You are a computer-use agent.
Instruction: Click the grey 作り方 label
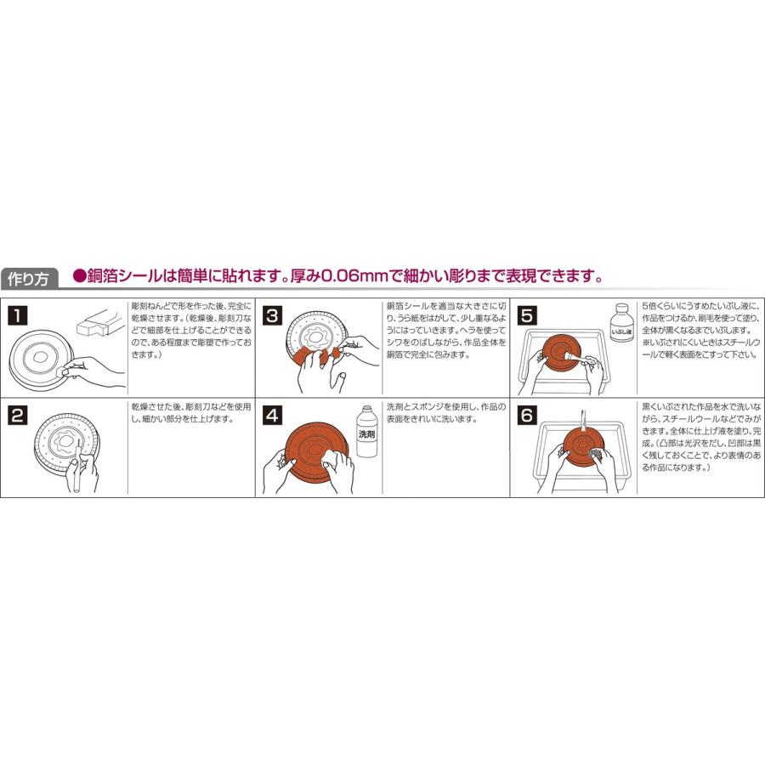click(x=30, y=278)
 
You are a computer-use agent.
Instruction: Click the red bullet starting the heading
click(x=80, y=276)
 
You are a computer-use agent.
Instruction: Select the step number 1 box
click(x=17, y=315)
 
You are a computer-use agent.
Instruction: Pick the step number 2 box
click(x=17, y=416)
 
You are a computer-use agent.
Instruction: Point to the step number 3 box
click(x=272, y=315)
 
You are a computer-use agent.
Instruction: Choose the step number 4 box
click(x=272, y=416)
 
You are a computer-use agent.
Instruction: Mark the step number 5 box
click(x=527, y=315)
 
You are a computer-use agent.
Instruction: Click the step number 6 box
click(x=527, y=416)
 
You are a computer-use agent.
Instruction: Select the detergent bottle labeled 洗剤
click(x=366, y=433)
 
